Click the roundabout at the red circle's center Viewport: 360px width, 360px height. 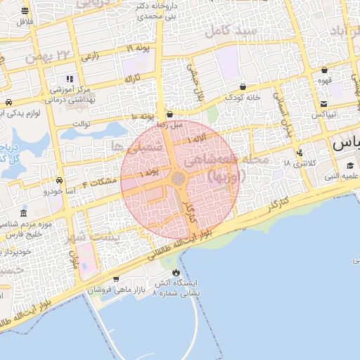click(x=179, y=180)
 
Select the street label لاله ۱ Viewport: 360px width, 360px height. click(x=198, y=141)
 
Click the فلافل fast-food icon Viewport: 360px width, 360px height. click(x=25, y=11)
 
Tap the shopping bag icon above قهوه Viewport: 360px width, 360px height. click(x=323, y=70)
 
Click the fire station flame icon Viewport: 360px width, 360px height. click(x=175, y=273)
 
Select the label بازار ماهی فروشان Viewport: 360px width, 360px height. click(x=115, y=289)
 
